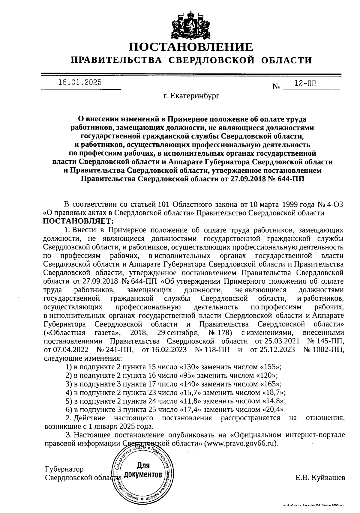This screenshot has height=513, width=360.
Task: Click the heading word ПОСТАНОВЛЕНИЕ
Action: tap(191, 47)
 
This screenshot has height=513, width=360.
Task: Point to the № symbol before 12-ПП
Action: tap(276, 87)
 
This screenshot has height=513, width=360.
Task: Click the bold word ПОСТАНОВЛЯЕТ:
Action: tap(79, 221)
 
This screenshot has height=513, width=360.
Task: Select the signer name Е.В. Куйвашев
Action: tap(320, 478)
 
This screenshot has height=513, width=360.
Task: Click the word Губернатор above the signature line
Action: tap(64, 469)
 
